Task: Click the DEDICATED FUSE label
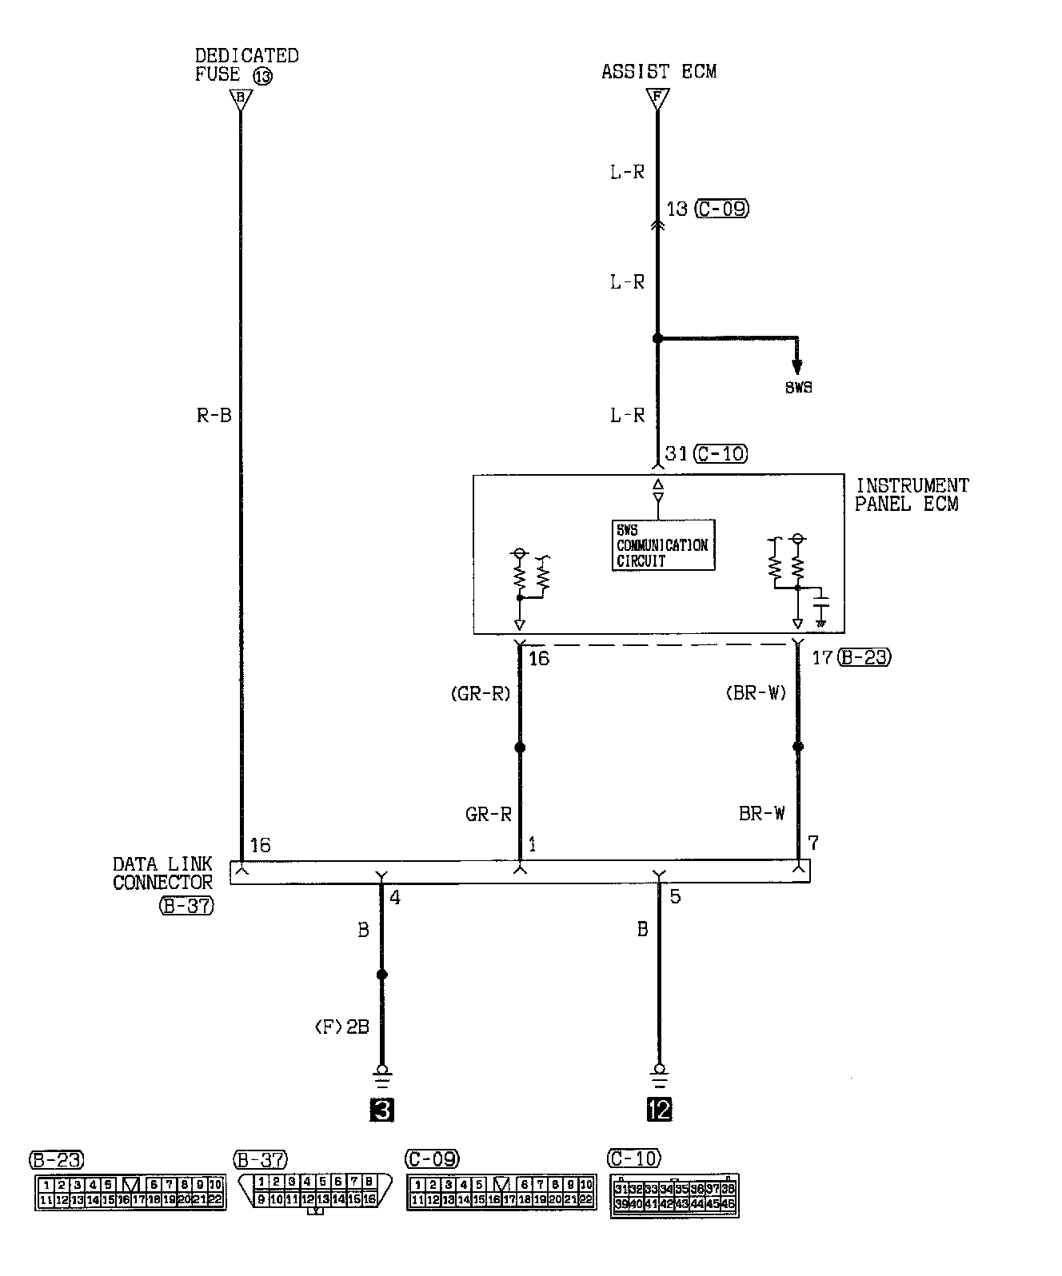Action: coord(246,65)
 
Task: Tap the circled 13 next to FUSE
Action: coord(262,77)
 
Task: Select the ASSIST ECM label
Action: coord(658,71)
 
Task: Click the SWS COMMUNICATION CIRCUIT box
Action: coord(662,545)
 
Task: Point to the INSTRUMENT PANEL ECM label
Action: coord(911,495)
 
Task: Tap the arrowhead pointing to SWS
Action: coord(796,366)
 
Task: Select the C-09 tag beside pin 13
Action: coord(721,209)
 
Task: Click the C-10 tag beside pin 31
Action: coord(721,454)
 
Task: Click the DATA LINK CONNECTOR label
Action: coord(162,873)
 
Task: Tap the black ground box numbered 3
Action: coord(381,1110)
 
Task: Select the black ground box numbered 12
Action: coord(660,1110)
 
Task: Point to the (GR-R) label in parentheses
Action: coord(480,693)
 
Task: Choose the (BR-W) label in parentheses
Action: coord(755,693)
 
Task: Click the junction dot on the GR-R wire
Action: coord(520,748)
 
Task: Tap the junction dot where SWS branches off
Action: coord(657,339)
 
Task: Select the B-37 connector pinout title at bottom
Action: coord(260,1159)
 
